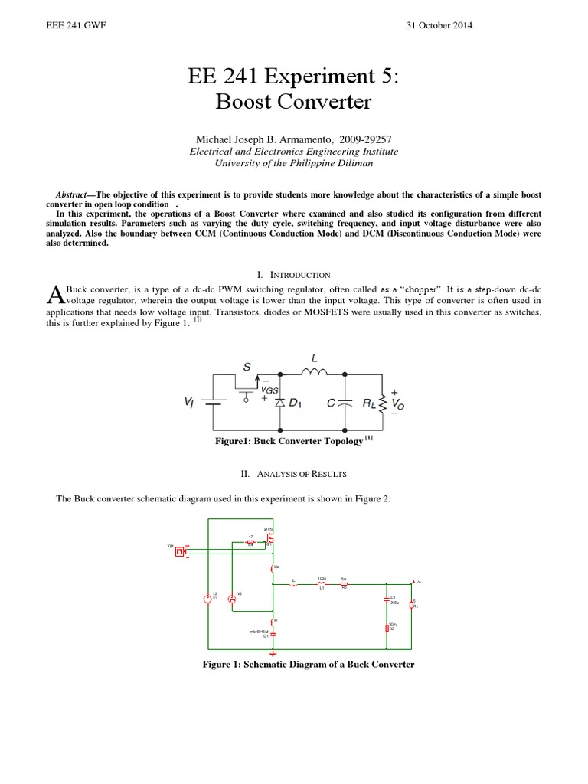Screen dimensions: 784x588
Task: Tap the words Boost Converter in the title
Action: (294, 102)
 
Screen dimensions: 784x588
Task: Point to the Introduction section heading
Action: (294, 274)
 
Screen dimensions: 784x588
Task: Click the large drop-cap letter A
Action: (54, 294)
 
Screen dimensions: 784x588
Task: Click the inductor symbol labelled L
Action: (314, 374)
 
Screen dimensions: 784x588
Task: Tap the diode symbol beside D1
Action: (279, 401)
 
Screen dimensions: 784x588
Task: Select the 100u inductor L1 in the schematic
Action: (322, 586)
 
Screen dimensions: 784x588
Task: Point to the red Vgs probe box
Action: (180, 550)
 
